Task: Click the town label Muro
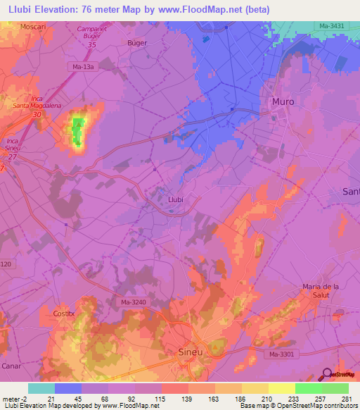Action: pyautogui.click(x=283, y=101)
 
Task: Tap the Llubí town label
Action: pyautogui.click(x=176, y=199)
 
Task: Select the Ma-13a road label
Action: pyautogui.click(x=82, y=67)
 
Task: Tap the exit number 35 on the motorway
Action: pyautogui.click(x=91, y=44)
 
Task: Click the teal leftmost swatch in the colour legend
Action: pyautogui.click(x=41, y=388)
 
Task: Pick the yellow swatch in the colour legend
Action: pyautogui.click(x=281, y=388)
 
